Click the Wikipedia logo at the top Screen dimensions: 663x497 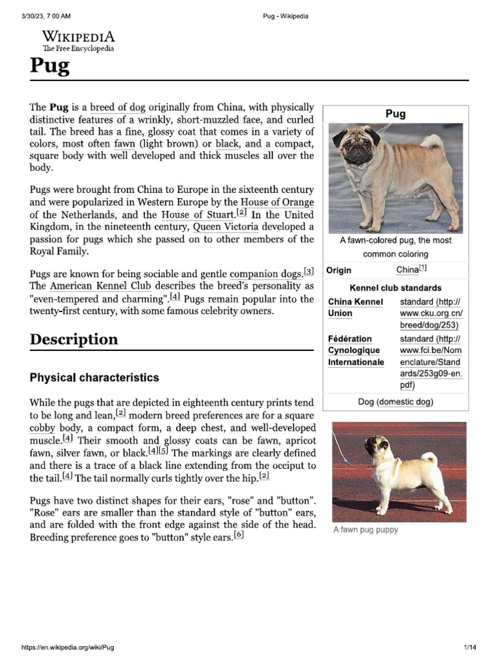78,40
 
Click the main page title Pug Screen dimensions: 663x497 49,66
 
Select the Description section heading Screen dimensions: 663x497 74,339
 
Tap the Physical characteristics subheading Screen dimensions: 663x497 94,377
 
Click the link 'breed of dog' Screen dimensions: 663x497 118,107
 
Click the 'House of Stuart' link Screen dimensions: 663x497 198,215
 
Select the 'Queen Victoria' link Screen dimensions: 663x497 226,227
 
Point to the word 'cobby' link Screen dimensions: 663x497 42,429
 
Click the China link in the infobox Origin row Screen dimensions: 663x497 407,270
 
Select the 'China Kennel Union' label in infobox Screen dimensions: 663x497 355,308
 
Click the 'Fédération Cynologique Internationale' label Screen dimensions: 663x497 356,350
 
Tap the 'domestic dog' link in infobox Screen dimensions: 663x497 406,402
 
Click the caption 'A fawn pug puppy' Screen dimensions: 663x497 366,530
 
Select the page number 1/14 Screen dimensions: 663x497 470,647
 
